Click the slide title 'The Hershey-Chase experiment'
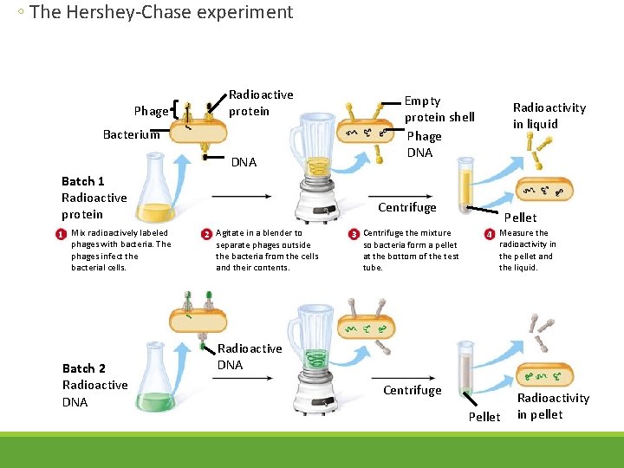click(x=160, y=12)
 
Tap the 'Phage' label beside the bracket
click(x=151, y=111)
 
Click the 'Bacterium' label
click(x=131, y=134)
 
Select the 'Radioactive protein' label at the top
click(x=260, y=102)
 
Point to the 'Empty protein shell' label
click(x=439, y=108)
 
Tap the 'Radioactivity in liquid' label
click(x=549, y=115)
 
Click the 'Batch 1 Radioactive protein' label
click(x=94, y=198)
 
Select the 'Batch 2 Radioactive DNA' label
click(x=94, y=385)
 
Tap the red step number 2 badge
click(x=206, y=234)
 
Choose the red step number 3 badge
click(x=354, y=234)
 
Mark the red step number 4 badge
click(x=490, y=234)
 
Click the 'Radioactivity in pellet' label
click(x=552, y=406)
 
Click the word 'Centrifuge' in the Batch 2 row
click(x=412, y=390)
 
